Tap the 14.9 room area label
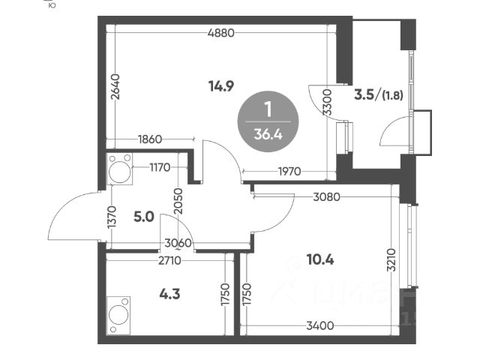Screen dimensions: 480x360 pyautogui.click(x=222, y=85)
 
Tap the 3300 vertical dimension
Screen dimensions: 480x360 pyautogui.click(x=326, y=101)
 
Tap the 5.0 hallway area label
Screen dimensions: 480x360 pyautogui.click(x=144, y=217)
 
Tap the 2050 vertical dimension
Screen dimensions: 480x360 pyautogui.click(x=178, y=202)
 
